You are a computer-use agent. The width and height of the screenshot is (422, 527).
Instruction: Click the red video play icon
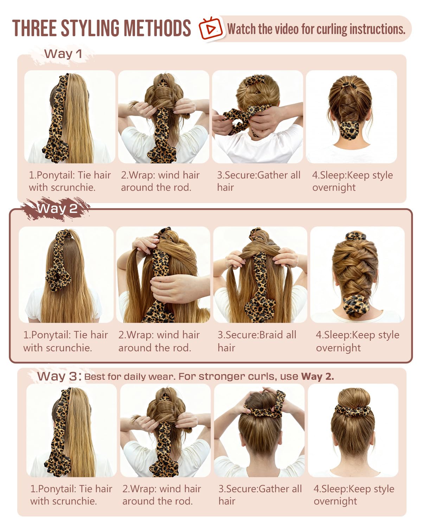(210, 28)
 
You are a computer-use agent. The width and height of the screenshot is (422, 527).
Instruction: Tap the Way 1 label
(63, 54)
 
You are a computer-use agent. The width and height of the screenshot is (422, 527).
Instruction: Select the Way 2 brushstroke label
(57, 209)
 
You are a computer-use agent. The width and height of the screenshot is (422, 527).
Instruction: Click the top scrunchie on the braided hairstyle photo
(355, 236)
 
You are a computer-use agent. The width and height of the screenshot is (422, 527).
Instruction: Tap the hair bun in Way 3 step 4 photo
(353, 399)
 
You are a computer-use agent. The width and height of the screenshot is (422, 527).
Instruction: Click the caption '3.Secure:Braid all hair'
(257, 341)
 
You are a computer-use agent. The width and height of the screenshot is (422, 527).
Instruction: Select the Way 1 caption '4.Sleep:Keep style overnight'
(352, 181)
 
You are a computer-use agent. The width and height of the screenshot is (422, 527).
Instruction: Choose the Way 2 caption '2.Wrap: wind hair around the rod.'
(159, 341)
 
